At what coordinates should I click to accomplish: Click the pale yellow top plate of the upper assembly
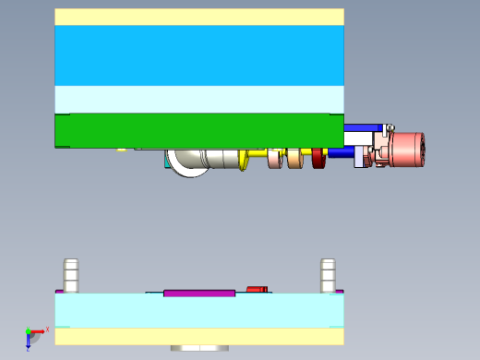click(198, 17)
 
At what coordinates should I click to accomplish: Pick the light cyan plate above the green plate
click(198, 98)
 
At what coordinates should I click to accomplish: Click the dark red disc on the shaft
click(318, 159)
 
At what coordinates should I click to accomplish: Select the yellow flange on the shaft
click(245, 159)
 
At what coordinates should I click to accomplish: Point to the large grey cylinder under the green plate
click(218, 159)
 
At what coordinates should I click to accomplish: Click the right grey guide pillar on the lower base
click(328, 275)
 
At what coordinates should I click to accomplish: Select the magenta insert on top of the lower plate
click(199, 294)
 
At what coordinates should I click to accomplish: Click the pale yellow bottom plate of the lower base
click(198, 336)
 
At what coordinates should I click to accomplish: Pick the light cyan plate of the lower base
click(198, 311)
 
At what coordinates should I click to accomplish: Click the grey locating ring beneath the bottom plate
click(199, 348)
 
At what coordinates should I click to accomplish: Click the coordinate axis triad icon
click(31, 334)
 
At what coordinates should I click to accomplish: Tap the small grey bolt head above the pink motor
click(390, 126)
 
